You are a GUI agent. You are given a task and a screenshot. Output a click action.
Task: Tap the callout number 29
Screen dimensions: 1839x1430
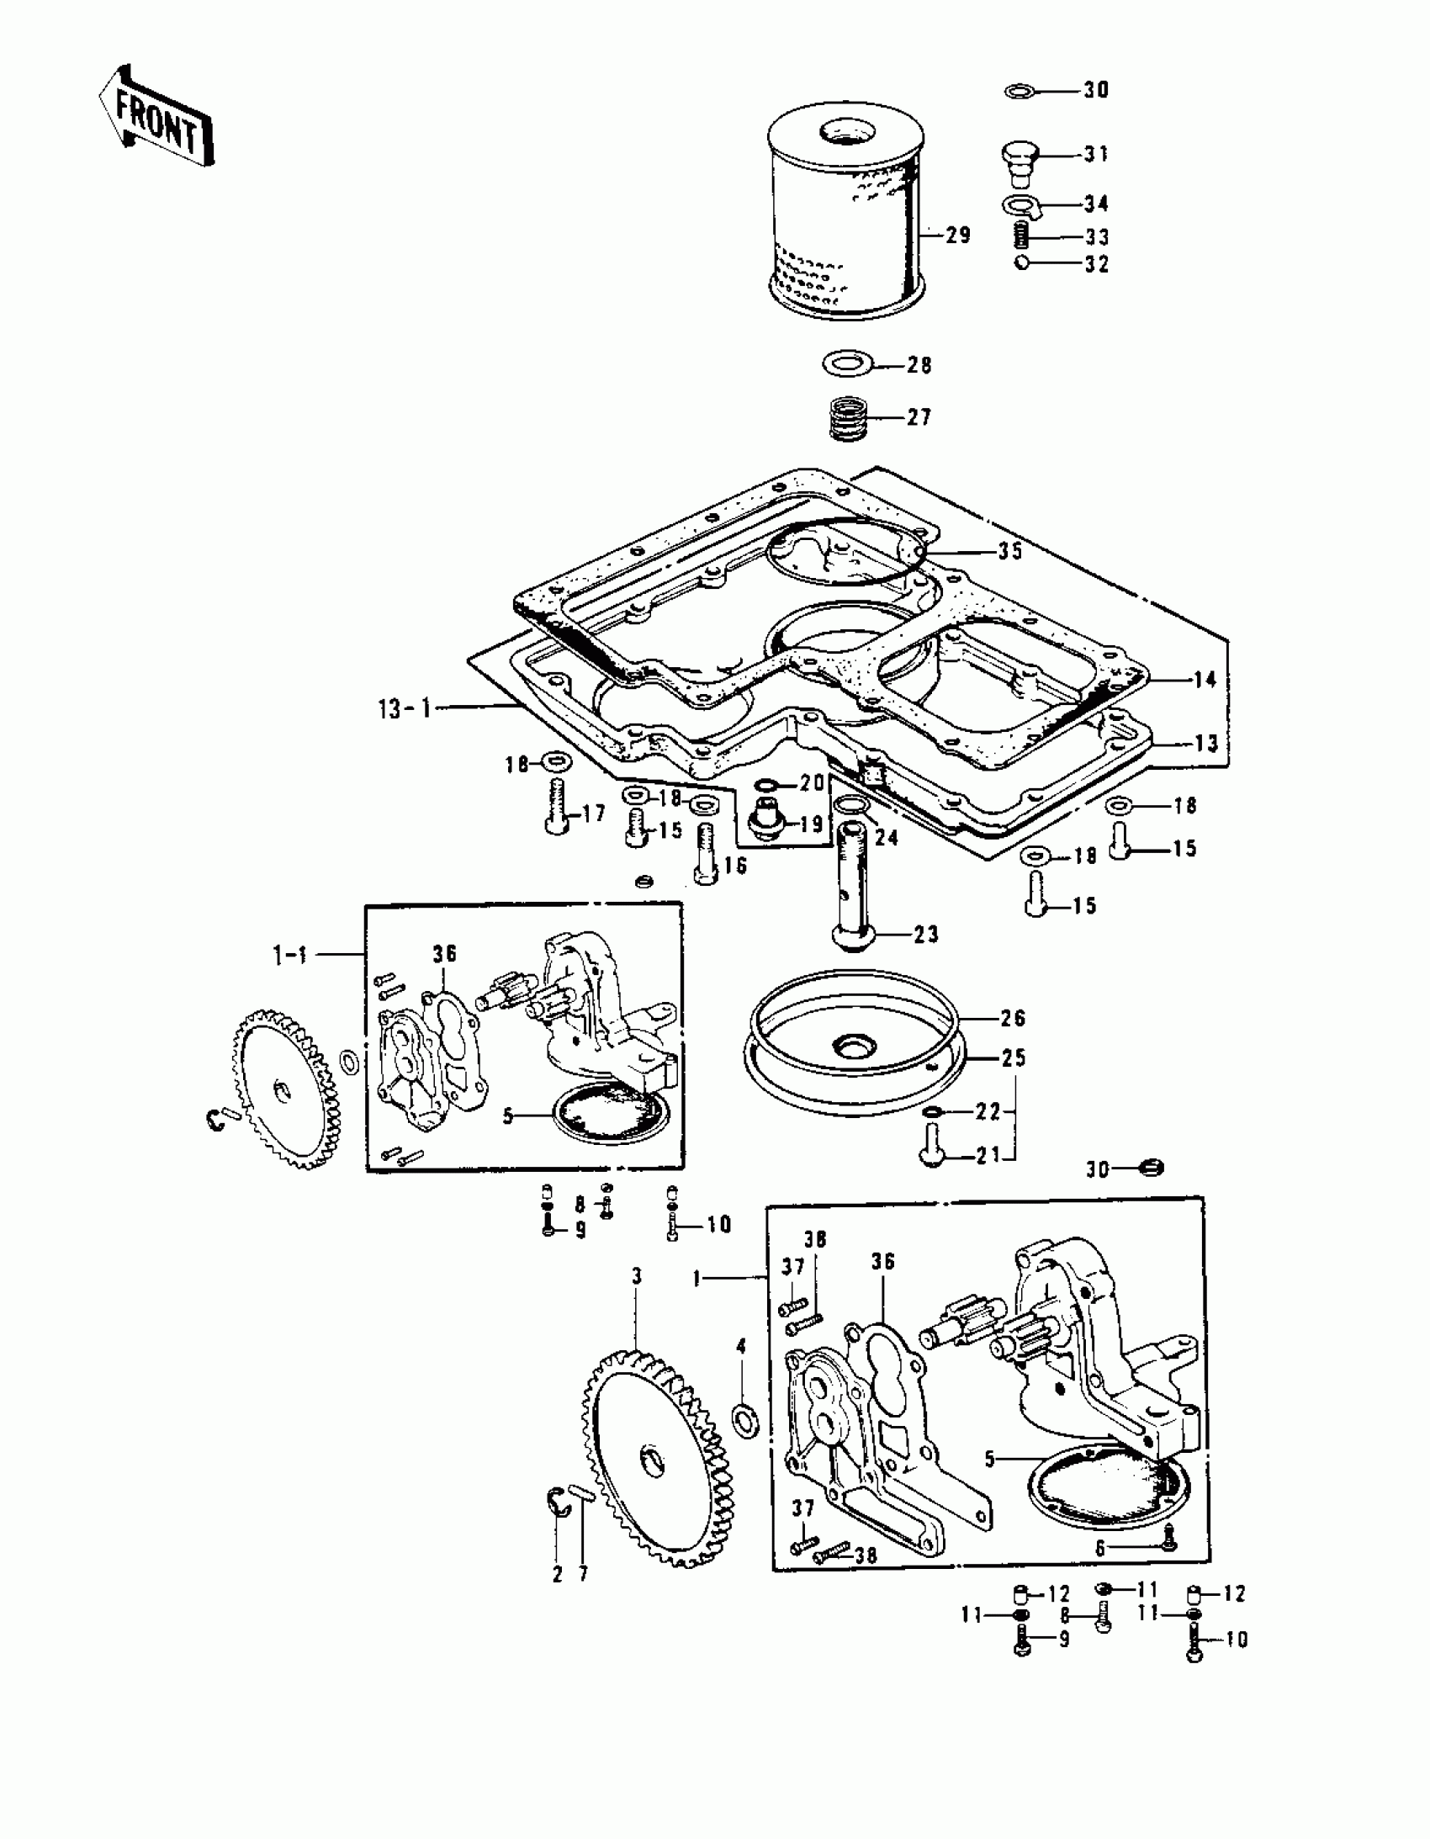pos(957,235)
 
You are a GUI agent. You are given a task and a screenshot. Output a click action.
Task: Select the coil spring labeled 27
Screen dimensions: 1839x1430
pos(849,418)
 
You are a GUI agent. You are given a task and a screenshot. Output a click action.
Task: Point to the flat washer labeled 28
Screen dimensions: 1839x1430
pos(847,365)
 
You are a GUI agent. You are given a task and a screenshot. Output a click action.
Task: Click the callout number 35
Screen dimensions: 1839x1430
pos(1009,552)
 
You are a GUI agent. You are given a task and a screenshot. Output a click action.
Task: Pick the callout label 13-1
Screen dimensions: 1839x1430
pos(405,708)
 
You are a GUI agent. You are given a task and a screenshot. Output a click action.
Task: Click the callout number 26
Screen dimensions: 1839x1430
pos(1013,1018)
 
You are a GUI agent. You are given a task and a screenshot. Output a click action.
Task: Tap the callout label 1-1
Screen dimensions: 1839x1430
pos(289,954)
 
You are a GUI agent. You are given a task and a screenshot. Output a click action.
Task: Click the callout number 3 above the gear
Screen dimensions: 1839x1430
pos(637,1276)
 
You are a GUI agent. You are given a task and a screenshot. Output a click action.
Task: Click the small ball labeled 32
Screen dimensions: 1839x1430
pos(1020,263)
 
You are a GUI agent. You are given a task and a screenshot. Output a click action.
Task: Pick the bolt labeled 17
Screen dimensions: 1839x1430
pos(557,806)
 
